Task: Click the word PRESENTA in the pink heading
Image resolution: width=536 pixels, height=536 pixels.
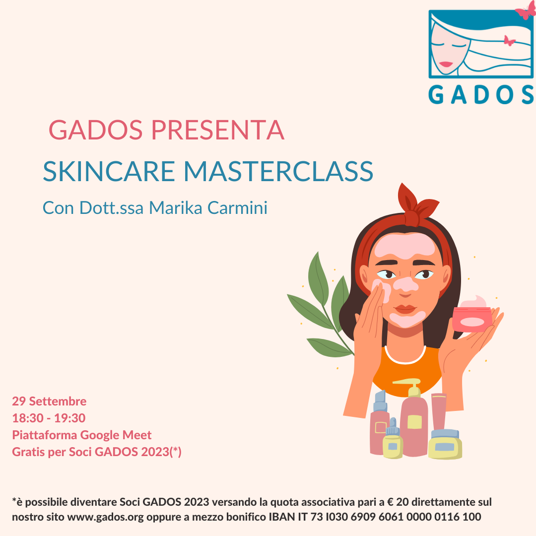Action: [x=218, y=130]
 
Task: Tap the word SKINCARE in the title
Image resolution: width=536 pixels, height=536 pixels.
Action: [x=109, y=171]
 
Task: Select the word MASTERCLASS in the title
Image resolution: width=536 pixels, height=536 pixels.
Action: [x=278, y=171]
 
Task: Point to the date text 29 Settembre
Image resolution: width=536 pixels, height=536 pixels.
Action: [x=49, y=402]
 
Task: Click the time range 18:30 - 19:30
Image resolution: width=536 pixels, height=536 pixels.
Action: [x=49, y=418]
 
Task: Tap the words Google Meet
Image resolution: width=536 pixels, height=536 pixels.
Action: [x=116, y=435]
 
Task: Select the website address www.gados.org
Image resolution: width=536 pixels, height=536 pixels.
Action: [x=105, y=517]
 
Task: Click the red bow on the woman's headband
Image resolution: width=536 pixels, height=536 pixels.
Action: [x=417, y=205]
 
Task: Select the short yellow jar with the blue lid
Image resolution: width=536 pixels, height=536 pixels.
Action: [x=445, y=444]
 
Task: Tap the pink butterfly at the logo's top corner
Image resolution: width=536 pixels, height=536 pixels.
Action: [x=526, y=10]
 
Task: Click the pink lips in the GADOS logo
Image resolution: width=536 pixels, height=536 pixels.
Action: [x=446, y=64]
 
